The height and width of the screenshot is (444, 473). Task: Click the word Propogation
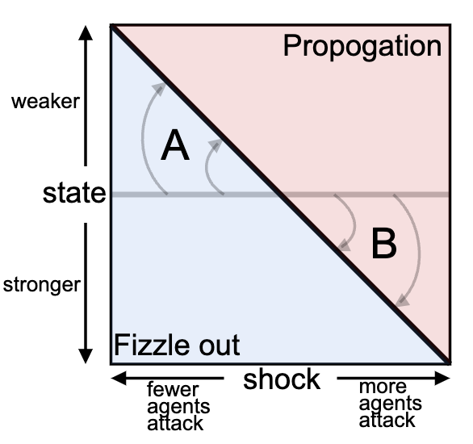point(362,46)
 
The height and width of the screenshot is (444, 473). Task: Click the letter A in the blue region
point(174,146)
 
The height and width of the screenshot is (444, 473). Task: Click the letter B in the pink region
point(383,243)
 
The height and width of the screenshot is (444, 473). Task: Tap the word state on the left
point(74,193)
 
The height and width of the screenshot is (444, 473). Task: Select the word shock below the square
point(282,379)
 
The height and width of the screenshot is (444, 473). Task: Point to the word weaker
point(46,102)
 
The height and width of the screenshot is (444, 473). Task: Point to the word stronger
point(41,284)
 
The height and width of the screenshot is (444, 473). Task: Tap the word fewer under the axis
point(173,390)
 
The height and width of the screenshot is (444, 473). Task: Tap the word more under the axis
point(383,387)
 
